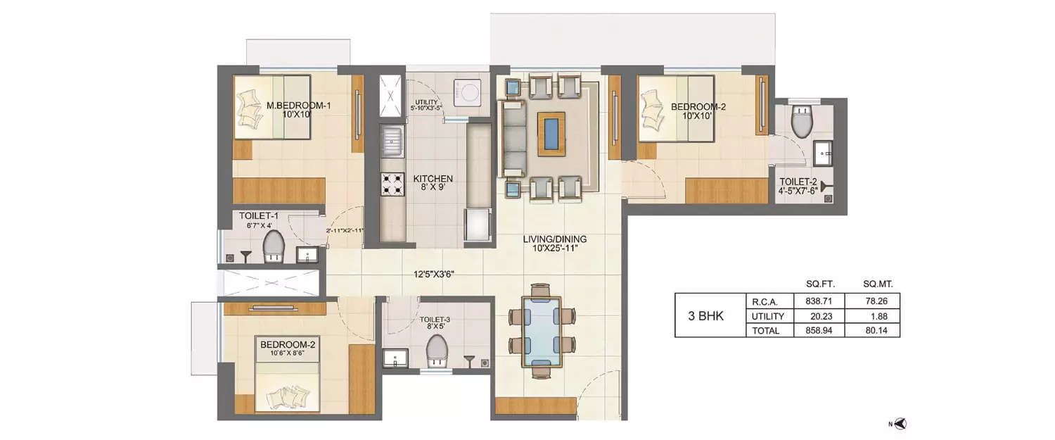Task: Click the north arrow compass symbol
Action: (x=901, y=423)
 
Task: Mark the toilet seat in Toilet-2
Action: (x=801, y=123)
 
